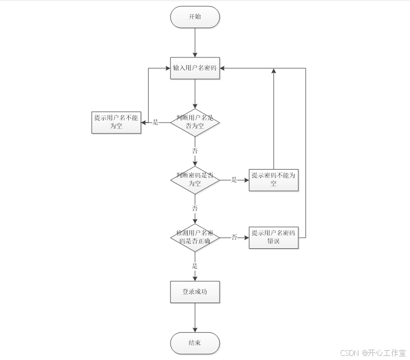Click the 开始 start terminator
tap(195, 17)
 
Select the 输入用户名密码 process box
tap(195, 68)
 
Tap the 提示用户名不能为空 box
tap(116, 122)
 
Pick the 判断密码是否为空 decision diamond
tap(195, 179)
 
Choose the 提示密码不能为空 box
tap(273, 179)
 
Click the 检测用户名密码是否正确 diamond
tap(195, 237)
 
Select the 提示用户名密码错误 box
tap(273, 237)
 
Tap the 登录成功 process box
tap(195, 292)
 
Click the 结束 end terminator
tap(195, 343)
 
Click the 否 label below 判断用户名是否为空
tap(195, 150)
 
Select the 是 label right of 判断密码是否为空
tap(234, 180)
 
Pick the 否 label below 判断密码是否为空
tap(195, 208)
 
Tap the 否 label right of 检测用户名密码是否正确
tap(234, 237)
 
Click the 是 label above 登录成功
tap(195, 266)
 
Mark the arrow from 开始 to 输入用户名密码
tap(195, 42)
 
